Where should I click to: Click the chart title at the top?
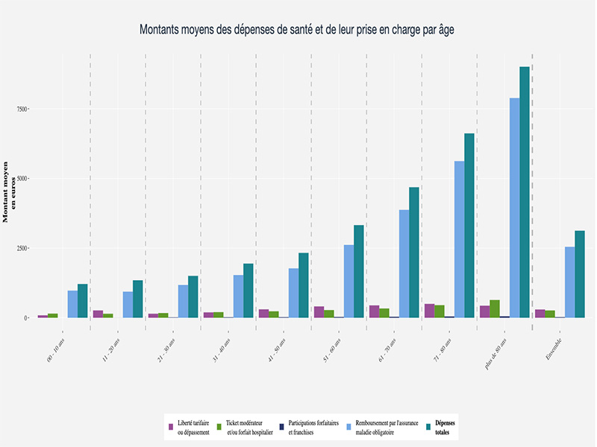pos(297,30)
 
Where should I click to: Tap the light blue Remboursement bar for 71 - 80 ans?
pos(460,239)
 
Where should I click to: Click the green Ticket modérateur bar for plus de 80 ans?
pos(495,308)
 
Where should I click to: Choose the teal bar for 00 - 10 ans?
pos(83,301)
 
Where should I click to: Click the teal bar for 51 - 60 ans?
pos(359,271)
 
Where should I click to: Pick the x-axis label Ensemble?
pos(553,350)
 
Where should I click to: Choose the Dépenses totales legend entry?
pos(447,427)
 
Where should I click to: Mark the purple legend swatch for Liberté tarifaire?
pos(171,427)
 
